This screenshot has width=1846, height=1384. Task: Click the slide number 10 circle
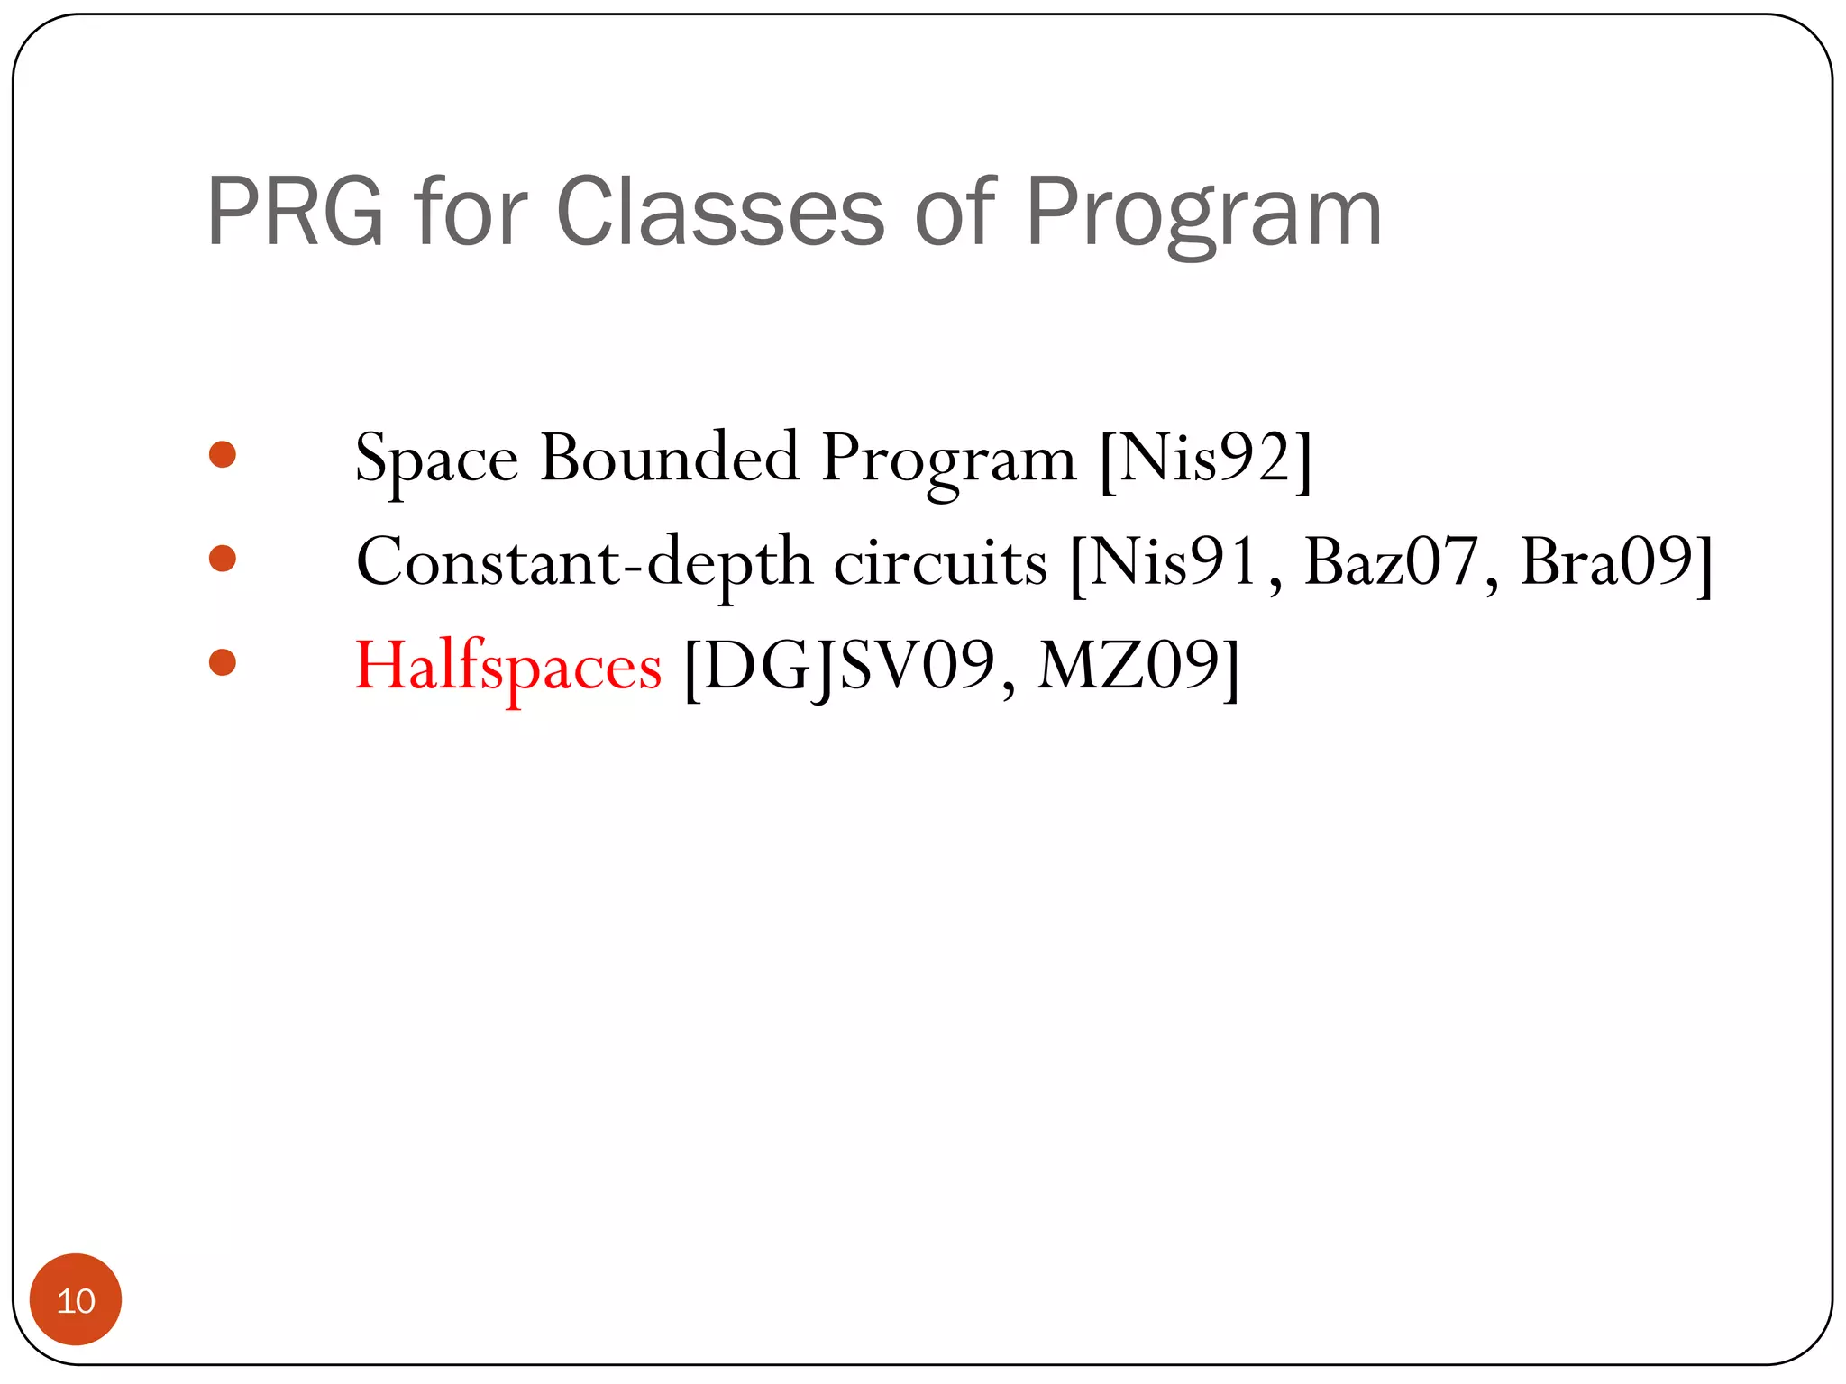coord(76,1299)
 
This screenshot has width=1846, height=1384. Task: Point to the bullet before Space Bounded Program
coord(222,454)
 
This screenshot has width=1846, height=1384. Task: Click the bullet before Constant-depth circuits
coord(222,559)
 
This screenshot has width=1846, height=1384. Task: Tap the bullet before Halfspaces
coord(222,663)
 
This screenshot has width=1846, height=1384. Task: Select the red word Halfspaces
coord(508,667)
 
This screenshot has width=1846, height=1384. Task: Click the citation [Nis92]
coord(1206,460)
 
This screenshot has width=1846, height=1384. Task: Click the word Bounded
coord(669,458)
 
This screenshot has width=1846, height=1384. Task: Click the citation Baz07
coord(1391,562)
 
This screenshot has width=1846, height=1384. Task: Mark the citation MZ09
coord(1129,667)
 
